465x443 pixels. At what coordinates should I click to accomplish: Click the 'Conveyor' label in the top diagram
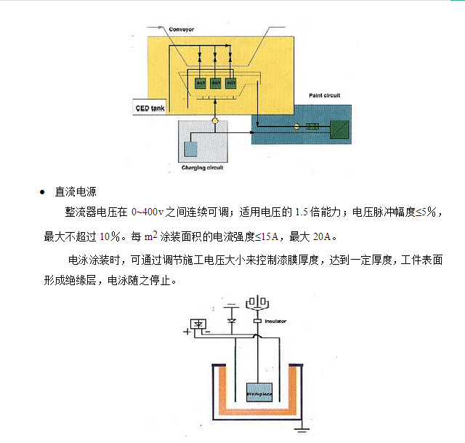(x=182, y=29)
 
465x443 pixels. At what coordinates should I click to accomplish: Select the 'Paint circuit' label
(x=324, y=95)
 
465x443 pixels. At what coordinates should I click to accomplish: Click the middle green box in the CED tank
(x=215, y=83)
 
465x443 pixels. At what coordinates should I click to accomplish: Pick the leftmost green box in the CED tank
(x=200, y=83)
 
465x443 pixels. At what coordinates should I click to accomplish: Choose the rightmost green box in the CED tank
(x=231, y=83)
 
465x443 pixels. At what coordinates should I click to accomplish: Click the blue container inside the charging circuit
(x=191, y=149)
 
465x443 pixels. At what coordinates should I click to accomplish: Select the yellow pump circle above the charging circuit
(x=215, y=120)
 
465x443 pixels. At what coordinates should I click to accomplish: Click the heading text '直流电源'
(x=76, y=193)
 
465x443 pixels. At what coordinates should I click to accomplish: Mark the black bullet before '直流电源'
(x=41, y=193)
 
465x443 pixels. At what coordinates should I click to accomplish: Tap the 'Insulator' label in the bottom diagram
(x=275, y=321)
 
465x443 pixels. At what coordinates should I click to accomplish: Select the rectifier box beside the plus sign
(x=198, y=324)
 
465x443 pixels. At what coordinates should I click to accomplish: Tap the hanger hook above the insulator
(x=258, y=302)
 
